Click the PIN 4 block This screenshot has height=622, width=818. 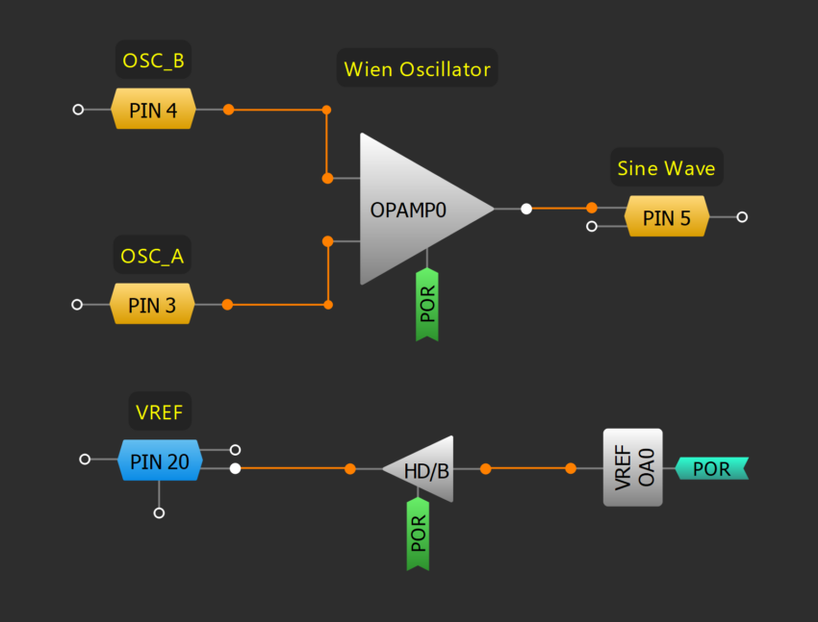154,110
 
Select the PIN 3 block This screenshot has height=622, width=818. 153,305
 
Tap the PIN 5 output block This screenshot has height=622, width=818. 667,217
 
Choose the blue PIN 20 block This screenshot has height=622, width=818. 160,460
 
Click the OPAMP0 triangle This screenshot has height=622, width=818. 414,209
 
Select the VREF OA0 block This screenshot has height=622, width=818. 632,468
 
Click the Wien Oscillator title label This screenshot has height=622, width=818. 418,69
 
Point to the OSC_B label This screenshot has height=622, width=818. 153,62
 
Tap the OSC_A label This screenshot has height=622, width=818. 152,257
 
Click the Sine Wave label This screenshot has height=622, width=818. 666,169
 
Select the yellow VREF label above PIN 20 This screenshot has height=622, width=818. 160,412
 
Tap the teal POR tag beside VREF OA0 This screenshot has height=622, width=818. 711,469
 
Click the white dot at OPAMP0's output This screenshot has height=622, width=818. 525,209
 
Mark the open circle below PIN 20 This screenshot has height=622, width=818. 160,513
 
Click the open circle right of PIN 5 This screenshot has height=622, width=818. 742,217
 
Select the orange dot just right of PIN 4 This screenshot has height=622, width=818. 228,110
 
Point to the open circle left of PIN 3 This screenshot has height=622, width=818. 78,305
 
